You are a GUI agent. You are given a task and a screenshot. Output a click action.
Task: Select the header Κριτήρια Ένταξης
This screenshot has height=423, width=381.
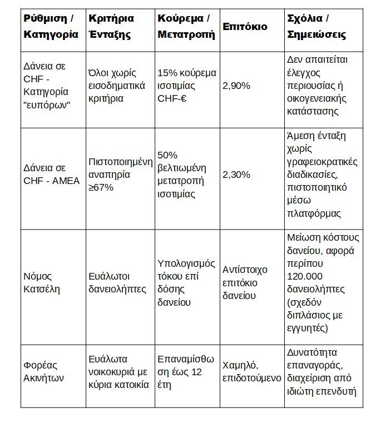pos(111,26)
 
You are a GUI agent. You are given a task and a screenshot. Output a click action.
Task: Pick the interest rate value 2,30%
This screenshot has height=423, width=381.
pos(235,175)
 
